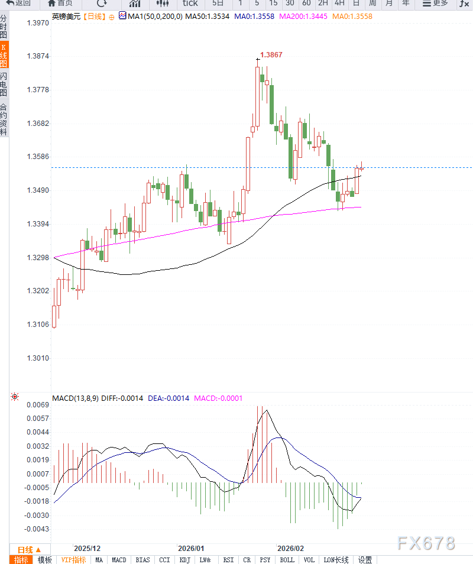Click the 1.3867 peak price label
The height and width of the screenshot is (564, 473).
(x=271, y=55)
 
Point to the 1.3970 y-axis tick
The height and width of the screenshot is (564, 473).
(x=38, y=23)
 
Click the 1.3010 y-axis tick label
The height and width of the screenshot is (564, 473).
(x=38, y=358)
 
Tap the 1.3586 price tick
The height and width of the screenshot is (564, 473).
(x=38, y=157)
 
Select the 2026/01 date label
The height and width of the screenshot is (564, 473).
(x=191, y=549)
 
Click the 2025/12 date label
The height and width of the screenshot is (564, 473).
(x=87, y=549)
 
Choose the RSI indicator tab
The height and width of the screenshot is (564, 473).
(x=228, y=560)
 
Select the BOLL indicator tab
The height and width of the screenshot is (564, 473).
(x=287, y=560)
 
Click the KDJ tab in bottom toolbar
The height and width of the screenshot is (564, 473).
(x=185, y=560)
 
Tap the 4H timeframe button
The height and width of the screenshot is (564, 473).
(x=339, y=4)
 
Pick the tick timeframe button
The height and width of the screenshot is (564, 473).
(x=190, y=4)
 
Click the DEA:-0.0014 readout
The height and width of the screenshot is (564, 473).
(x=169, y=398)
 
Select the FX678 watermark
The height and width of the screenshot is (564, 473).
(x=426, y=543)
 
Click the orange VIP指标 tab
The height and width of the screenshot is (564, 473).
(x=74, y=560)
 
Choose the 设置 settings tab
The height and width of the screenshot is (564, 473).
(x=365, y=560)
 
